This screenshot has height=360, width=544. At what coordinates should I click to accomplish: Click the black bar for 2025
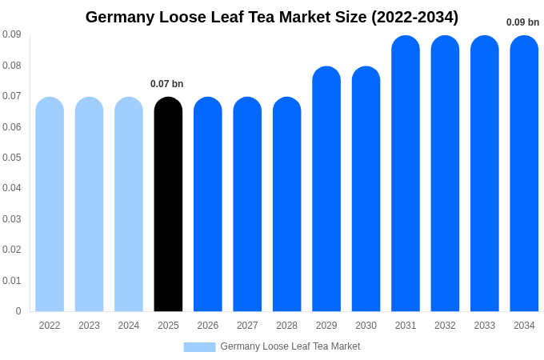(168, 204)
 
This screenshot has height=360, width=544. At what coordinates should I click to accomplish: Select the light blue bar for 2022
(50, 204)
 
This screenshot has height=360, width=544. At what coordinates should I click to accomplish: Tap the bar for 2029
(326, 189)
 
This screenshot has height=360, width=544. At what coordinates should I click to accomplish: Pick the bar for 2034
(524, 174)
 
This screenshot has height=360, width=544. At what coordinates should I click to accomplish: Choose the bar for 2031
(406, 174)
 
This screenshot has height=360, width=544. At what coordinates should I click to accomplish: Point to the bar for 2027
(247, 204)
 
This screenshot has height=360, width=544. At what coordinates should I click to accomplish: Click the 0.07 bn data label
(166, 84)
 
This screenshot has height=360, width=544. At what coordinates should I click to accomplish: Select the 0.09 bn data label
(522, 22)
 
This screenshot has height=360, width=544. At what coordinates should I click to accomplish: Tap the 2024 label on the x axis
(129, 326)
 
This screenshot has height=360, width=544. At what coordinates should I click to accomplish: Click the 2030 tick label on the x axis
(366, 326)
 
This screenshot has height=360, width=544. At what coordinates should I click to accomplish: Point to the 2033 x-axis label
(485, 326)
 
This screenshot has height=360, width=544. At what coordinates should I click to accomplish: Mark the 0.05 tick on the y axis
(11, 158)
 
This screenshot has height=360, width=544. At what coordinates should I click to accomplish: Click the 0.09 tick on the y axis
(11, 34)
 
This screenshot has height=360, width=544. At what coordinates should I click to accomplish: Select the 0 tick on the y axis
(18, 311)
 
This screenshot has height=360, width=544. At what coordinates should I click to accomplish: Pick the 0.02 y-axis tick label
(11, 250)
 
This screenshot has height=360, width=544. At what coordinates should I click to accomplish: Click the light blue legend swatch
(199, 347)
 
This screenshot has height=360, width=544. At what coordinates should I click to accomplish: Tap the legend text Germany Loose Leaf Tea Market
(290, 346)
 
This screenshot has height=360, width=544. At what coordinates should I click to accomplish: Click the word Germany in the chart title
(122, 17)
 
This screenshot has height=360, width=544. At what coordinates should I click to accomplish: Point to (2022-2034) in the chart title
(414, 17)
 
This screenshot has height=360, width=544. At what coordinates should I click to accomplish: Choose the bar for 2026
(208, 204)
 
